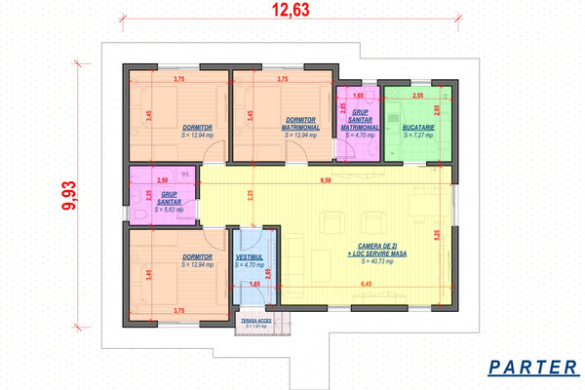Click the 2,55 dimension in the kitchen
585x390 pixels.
(x=416, y=97)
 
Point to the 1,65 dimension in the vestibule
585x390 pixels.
(x=253, y=284)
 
